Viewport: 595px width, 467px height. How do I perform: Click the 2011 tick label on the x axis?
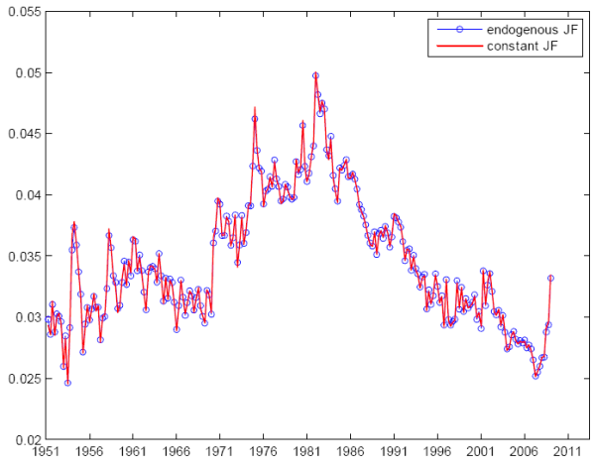(x=567, y=454)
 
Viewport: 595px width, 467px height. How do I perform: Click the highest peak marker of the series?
(x=315, y=75)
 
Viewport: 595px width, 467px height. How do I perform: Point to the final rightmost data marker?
(x=550, y=279)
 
